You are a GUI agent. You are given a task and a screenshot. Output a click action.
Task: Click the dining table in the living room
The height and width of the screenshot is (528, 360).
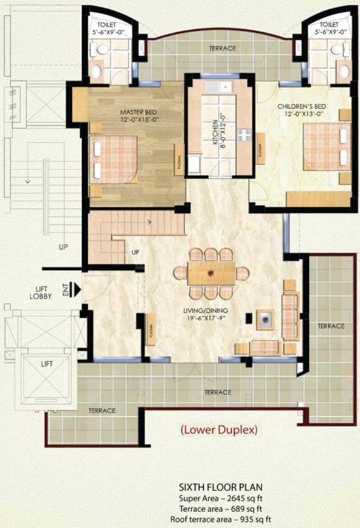[x=211, y=274]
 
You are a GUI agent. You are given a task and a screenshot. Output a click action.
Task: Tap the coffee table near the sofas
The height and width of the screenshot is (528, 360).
[x=265, y=318]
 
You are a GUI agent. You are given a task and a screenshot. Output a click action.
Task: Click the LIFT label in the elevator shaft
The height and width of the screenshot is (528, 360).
[x=46, y=363]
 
